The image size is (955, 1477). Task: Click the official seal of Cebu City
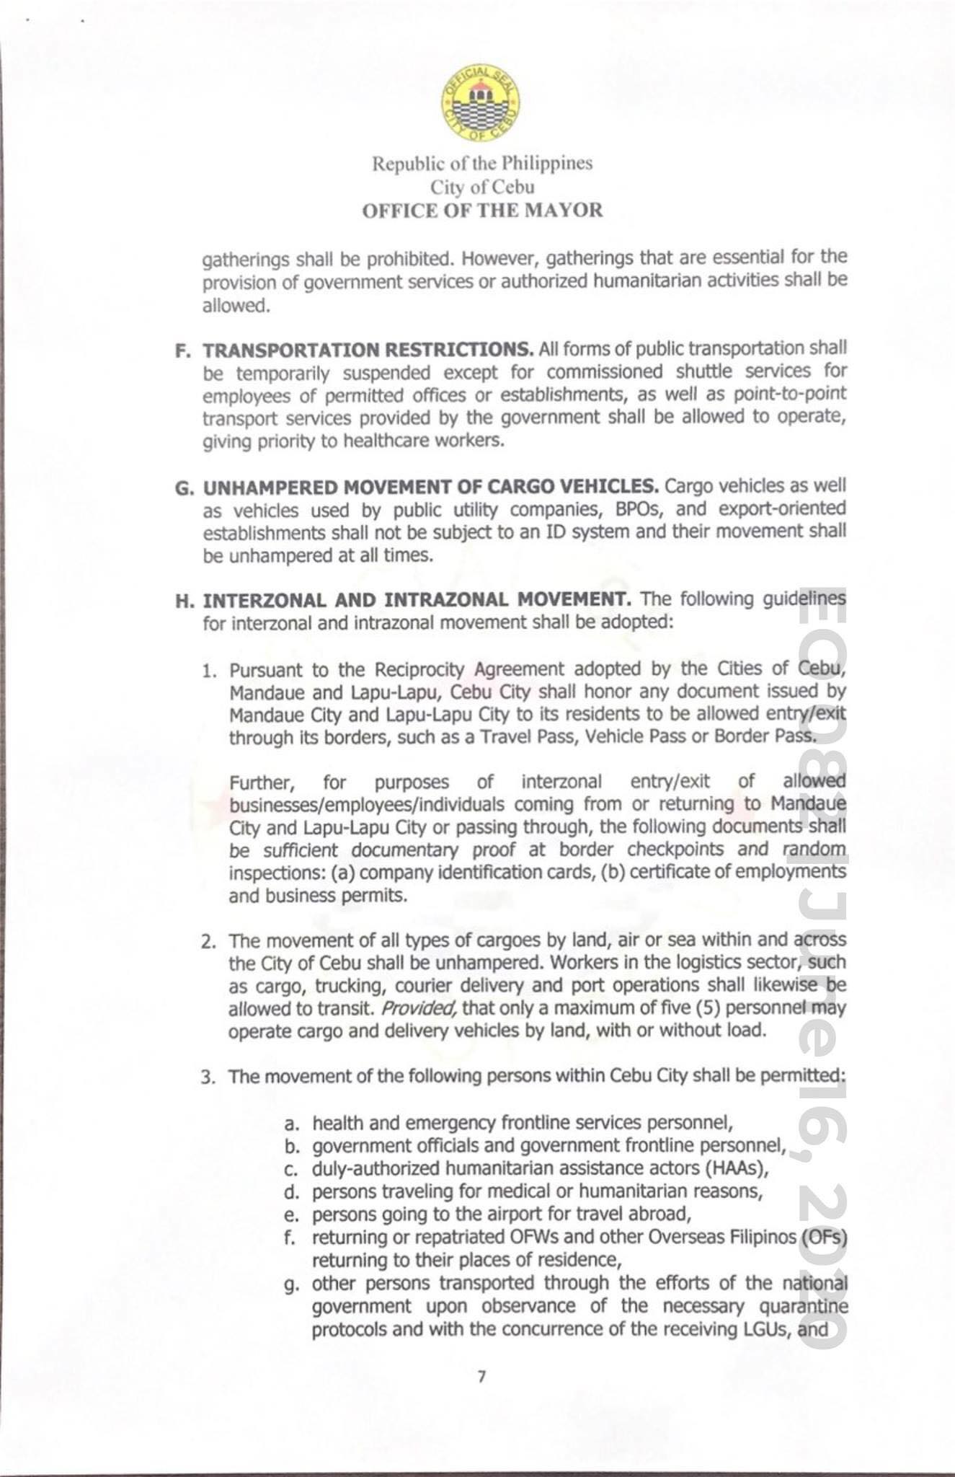[x=481, y=107]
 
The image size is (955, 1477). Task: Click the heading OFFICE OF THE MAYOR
[x=482, y=211]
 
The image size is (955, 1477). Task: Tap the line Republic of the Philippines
[x=482, y=164]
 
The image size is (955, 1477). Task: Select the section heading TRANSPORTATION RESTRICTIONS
[x=368, y=350]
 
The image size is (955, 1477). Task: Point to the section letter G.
[x=183, y=488]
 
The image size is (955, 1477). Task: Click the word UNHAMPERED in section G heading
[x=270, y=488]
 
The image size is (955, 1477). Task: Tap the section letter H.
[x=183, y=601]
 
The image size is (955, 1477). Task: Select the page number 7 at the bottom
[x=481, y=1377]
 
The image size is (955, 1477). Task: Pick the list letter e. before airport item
[x=291, y=1215]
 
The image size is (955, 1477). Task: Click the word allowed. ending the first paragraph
[x=236, y=306]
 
